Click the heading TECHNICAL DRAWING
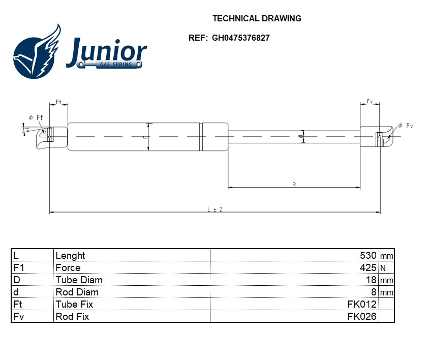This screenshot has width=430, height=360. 257,18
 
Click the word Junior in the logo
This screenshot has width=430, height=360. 106,51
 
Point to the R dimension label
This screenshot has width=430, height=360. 294,185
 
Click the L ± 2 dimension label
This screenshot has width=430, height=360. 215,209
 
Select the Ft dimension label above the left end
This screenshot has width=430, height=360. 58,102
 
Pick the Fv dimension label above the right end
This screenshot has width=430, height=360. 370,102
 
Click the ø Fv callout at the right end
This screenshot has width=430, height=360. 405,126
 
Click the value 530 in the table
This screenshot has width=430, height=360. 368,256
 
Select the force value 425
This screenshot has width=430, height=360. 368,268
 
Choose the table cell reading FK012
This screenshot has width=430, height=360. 361,305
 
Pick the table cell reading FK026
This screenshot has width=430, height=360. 361,317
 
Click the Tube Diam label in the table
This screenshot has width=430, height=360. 79,280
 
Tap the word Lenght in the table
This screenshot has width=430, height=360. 70,256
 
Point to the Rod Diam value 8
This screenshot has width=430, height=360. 374,292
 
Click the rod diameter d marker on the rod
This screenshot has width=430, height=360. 301,136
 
